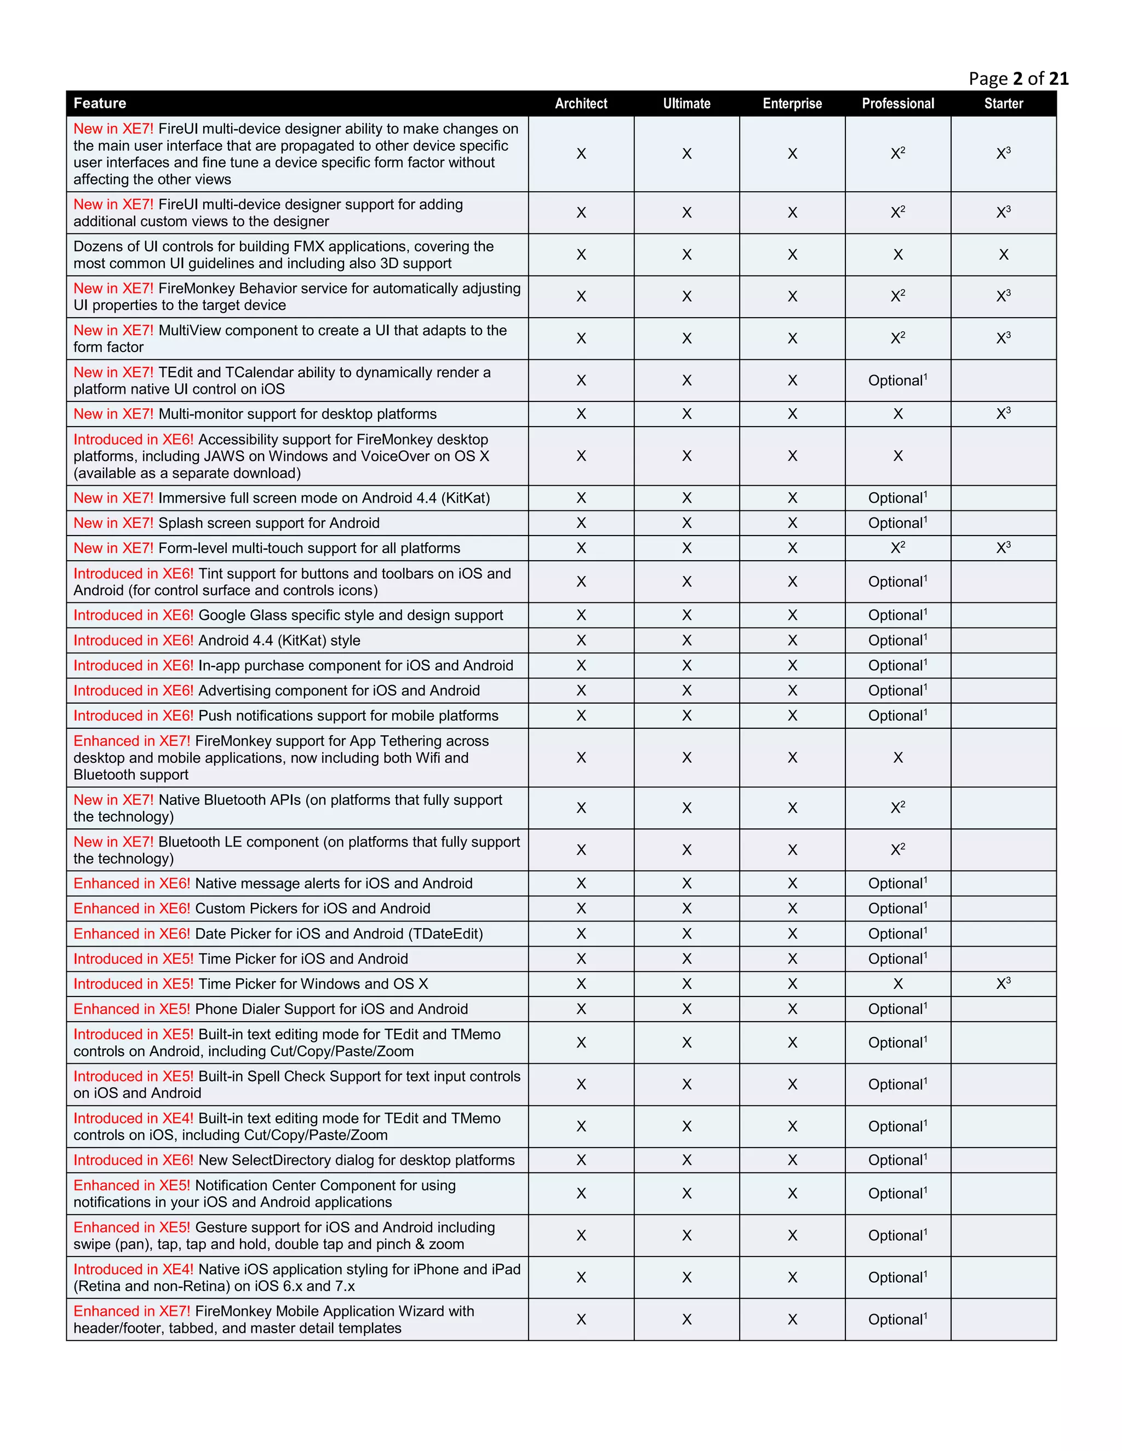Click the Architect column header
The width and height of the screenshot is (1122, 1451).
[580, 103]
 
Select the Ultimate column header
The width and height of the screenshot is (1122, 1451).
[686, 103]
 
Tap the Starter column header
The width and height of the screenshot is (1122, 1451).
[1003, 103]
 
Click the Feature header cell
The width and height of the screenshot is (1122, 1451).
[100, 103]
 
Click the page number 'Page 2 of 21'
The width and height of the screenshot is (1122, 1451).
[1018, 79]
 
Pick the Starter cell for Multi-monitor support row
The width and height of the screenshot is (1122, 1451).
[1003, 414]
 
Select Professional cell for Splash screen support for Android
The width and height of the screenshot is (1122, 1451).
[897, 523]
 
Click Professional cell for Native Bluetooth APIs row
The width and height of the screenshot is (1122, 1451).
[897, 808]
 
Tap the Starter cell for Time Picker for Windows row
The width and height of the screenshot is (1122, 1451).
[1003, 983]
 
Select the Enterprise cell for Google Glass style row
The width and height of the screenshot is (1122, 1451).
[792, 615]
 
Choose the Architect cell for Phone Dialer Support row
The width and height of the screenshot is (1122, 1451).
[580, 1009]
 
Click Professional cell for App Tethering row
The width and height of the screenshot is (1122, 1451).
[897, 757]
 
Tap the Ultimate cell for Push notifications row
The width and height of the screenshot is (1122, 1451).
[686, 716]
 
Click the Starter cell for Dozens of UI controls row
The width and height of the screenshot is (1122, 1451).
[1003, 255]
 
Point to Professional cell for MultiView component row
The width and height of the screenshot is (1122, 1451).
[897, 338]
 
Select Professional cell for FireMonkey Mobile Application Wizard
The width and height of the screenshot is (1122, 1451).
[897, 1320]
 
